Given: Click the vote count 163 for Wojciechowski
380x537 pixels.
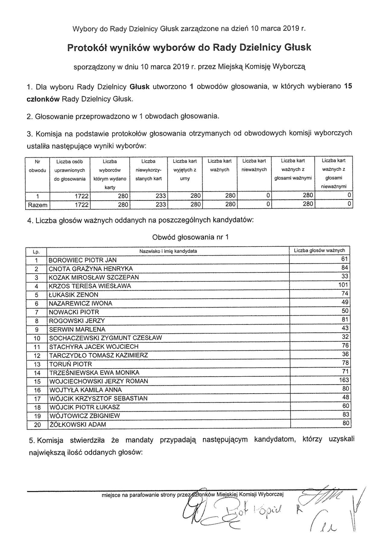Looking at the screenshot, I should (x=344, y=380).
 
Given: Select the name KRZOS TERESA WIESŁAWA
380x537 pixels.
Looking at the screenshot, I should (x=90, y=286).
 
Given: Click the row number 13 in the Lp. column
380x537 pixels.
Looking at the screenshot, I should (x=37, y=364).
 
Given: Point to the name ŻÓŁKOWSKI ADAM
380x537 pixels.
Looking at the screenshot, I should (x=78, y=425).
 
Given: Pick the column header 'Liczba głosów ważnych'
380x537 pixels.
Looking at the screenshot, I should (x=319, y=250).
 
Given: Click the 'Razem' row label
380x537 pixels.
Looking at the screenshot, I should (x=38, y=205).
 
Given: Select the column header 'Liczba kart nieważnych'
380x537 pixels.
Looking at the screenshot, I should (x=254, y=165).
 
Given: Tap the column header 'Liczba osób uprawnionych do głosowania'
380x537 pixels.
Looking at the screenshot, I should (x=70, y=170).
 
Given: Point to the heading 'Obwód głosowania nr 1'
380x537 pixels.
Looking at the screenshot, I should (x=190, y=237).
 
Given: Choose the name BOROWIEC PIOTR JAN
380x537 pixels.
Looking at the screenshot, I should (x=83, y=260).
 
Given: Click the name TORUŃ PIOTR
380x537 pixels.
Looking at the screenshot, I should (x=71, y=364).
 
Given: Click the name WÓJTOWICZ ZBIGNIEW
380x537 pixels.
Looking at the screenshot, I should (x=84, y=416).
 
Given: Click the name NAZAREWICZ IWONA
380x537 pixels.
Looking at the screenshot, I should (x=81, y=303).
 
